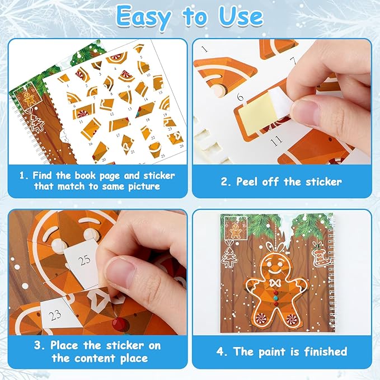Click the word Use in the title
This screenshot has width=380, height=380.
(x=237, y=17)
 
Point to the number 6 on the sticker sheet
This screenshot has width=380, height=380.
(x=240, y=97)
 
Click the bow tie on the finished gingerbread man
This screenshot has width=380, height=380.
(x=275, y=282)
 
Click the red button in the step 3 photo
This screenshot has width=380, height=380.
(x=117, y=324)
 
